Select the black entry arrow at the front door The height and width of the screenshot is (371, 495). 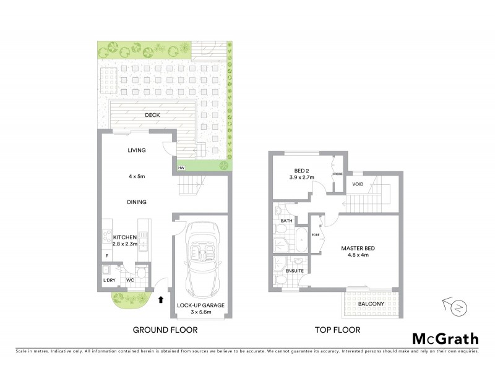pyautogui.click(x=161, y=301)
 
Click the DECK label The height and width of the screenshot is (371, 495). pyautogui.click(x=152, y=115)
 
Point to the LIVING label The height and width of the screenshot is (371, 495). pyautogui.click(x=136, y=150)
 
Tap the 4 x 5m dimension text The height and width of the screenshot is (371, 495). pyautogui.click(x=136, y=177)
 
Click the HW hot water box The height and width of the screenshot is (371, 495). pyautogui.click(x=181, y=168)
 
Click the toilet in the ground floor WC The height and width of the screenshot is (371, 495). pyautogui.click(x=140, y=272)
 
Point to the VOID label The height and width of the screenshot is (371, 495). pyautogui.click(x=358, y=184)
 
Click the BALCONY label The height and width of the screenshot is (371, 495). pyautogui.click(x=363, y=304)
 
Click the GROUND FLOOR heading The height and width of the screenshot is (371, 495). pyautogui.click(x=165, y=330)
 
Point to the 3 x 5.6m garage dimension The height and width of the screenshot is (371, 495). pyautogui.click(x=200, y=312)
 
